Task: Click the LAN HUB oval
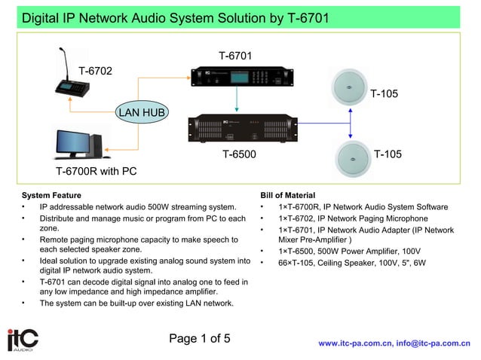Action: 142,113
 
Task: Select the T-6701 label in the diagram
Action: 235,56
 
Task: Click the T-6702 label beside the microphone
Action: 95,71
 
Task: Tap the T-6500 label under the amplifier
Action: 239,154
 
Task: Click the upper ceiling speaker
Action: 350,85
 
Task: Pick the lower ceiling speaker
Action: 350,158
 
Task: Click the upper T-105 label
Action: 384,93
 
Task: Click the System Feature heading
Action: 51,195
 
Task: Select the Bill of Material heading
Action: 287,195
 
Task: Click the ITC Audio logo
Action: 22,340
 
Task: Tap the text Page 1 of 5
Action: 200,338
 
